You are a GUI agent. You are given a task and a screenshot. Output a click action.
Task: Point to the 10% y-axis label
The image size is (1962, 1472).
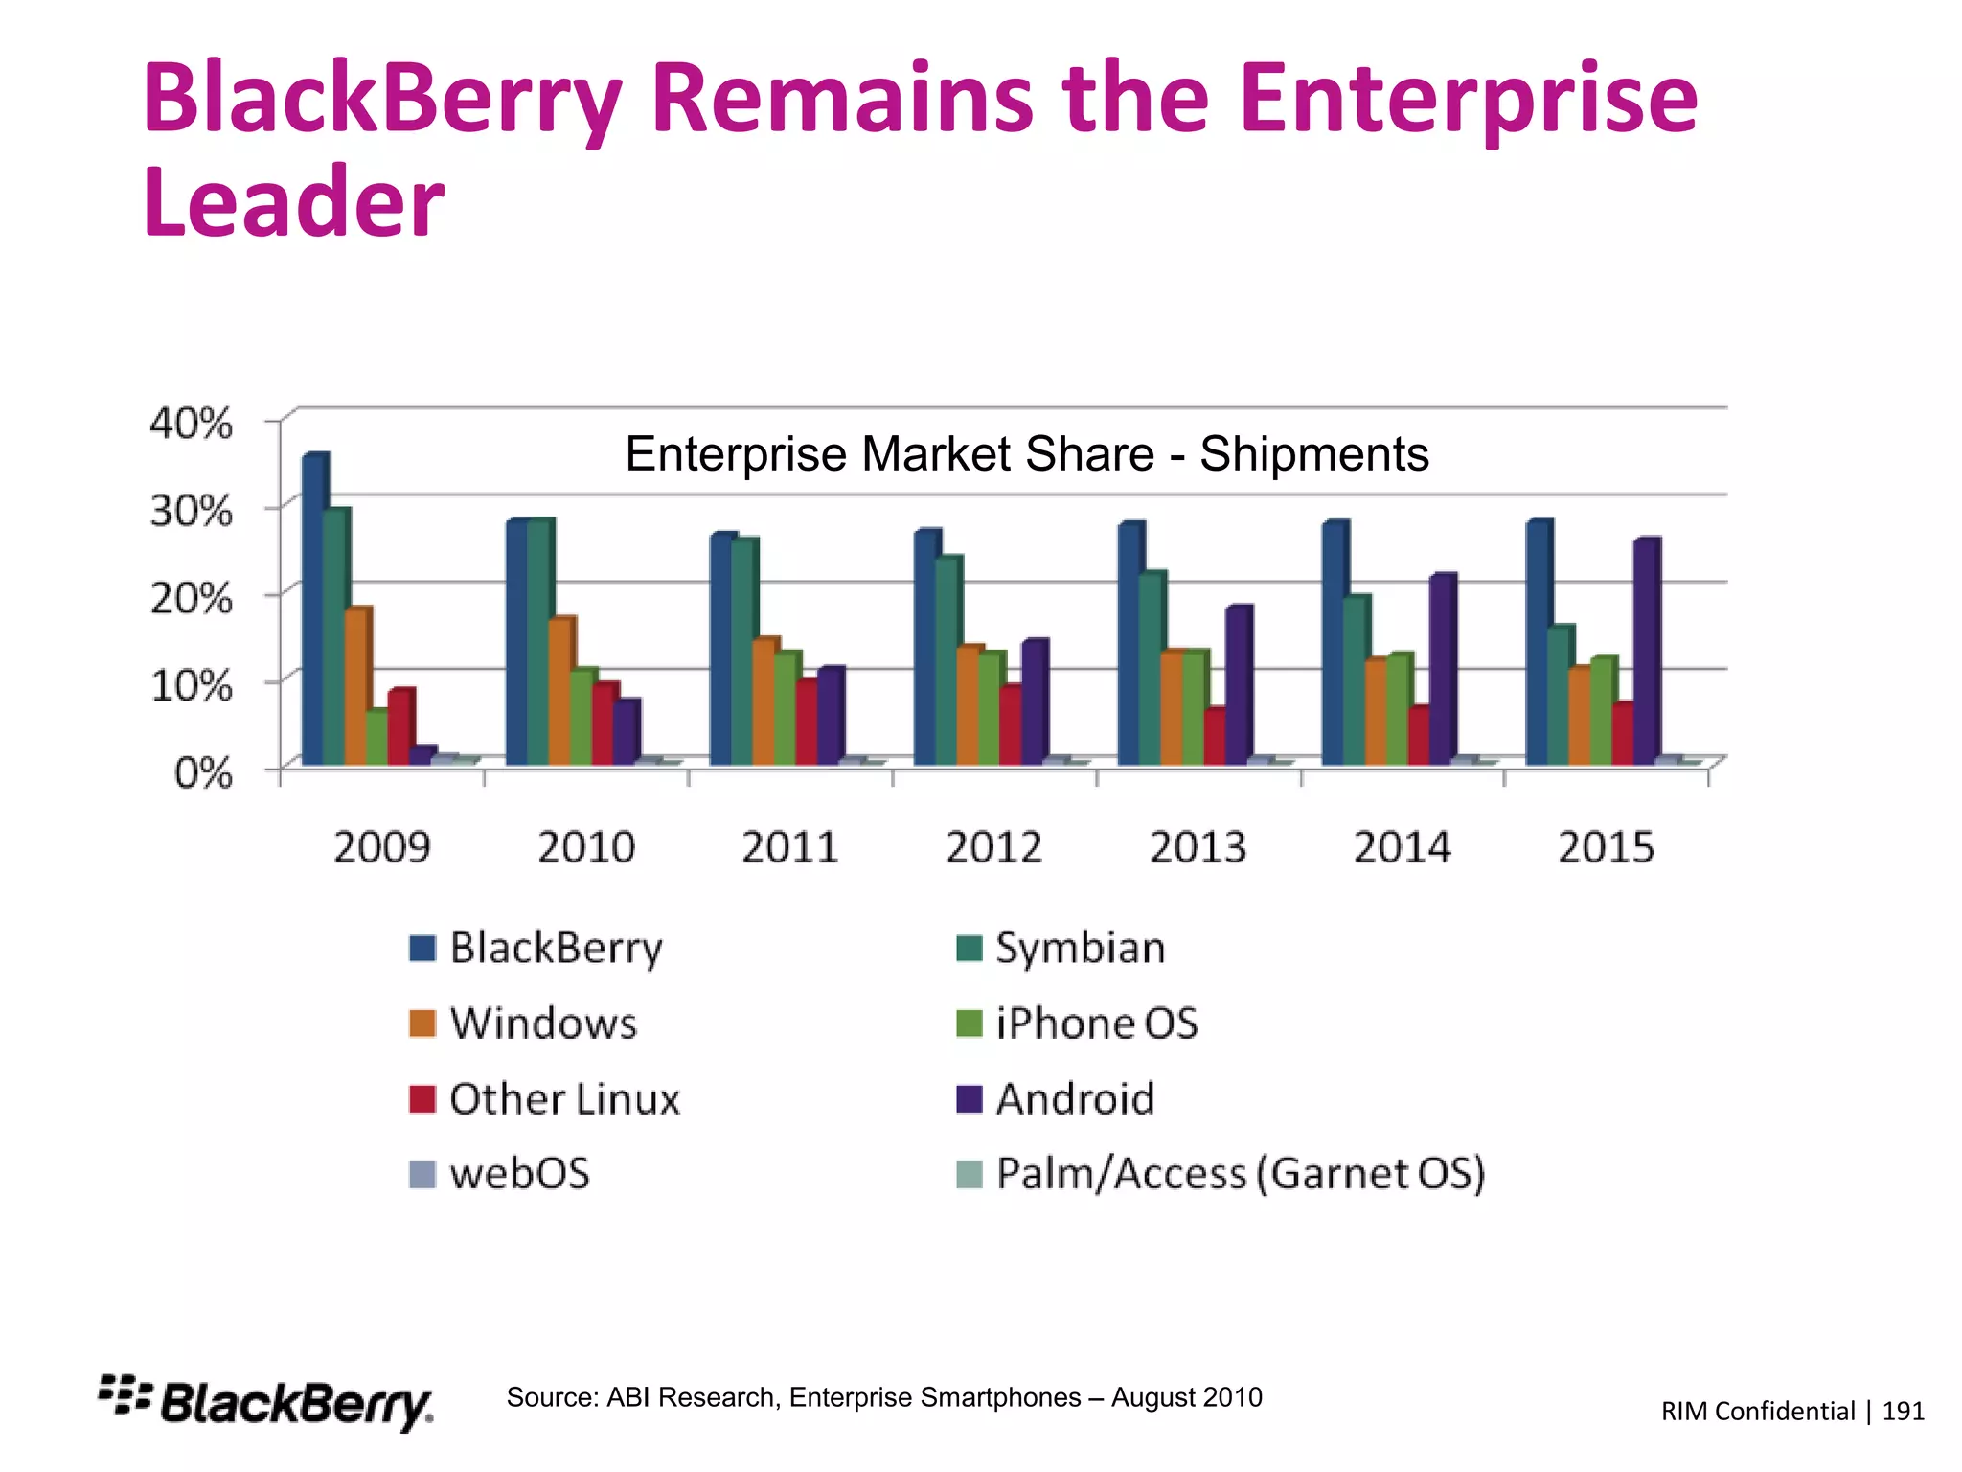point(191,685)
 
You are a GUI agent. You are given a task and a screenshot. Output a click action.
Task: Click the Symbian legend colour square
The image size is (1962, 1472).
point(970,949)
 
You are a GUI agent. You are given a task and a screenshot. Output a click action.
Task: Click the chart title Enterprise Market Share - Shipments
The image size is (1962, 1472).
point(1026,454)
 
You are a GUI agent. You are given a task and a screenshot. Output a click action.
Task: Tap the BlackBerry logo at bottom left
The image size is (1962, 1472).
point(266,1403)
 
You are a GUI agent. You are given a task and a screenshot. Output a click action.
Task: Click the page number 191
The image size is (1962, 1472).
point(1903,1411)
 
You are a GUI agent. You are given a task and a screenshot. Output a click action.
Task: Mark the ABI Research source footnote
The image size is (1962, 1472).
point(883,1397)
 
